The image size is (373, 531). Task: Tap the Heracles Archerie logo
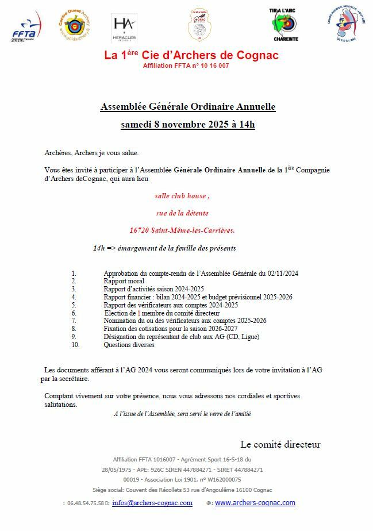click(x=124, y=28)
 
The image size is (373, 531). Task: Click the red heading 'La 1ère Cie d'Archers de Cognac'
click(x=191, y=55)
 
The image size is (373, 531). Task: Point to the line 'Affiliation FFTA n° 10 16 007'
click(x=186, y=66)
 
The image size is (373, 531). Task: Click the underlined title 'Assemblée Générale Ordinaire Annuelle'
click(x=188, y=107)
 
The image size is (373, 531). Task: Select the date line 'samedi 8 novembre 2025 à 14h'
click(x=188, y=124)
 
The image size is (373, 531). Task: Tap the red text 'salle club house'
click(x=182, y=196)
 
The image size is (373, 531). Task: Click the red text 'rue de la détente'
click(x=182, y=213)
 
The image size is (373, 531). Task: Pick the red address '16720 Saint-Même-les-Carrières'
click(x=182, y=230)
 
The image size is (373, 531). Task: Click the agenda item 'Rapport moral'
click(x=124, y=281)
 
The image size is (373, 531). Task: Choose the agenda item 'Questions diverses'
click(x=129, y=345)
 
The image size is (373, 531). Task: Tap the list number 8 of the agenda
click(x=74, y=329)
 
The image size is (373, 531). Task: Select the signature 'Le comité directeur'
click(x=280, y=444)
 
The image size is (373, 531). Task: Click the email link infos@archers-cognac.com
click(x=152, y=503)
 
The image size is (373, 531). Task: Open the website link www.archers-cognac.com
click(x=255, y=503)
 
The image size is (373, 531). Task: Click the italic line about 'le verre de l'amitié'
click(x=182, y=413)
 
